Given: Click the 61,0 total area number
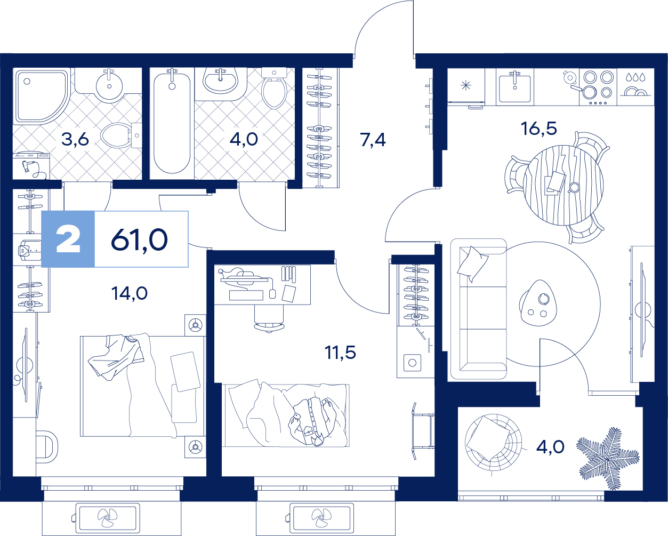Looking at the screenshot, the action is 139,239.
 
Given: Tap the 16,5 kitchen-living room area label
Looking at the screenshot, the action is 539,129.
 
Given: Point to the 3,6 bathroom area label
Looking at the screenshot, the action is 75,139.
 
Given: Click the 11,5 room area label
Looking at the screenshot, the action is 340,353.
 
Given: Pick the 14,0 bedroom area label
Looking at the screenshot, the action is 130,293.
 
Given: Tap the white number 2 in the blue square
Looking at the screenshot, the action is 68,239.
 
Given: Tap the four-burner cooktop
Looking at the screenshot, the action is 598,87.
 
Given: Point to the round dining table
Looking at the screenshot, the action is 564,185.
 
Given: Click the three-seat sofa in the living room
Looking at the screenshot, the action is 478,309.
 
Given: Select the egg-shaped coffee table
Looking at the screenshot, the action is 538,303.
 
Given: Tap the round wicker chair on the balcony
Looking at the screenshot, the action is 493,443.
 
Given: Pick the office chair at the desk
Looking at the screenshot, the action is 269,318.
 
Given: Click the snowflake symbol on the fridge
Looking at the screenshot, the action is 465,85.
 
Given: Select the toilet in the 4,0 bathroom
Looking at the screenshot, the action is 274,88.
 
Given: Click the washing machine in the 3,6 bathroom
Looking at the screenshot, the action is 31,166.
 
